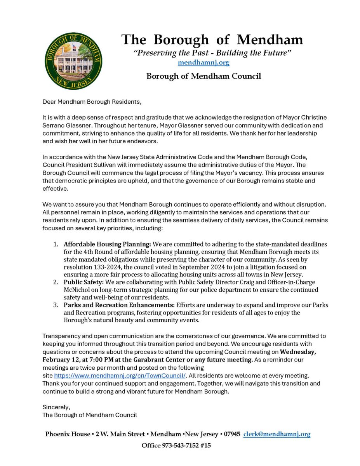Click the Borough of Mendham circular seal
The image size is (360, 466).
click(74, 61)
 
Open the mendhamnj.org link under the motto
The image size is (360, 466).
click(203, 62)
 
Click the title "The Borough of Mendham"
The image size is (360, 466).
click(212, 40)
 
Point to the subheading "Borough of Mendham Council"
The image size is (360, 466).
click(203, 76)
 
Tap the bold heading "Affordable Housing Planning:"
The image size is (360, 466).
click(108, 244)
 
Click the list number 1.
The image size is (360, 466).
click(56, 244)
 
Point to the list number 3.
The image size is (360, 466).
click(56, 305)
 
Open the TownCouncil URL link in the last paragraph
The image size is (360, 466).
click(120, 376)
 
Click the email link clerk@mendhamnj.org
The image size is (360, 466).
click(277, 434)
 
